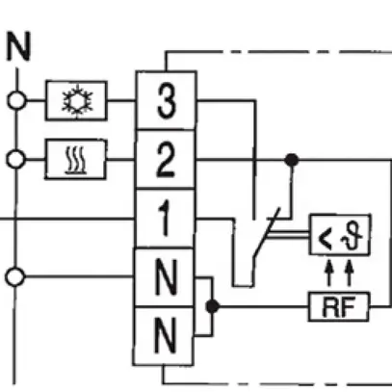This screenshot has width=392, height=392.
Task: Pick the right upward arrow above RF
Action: (x=349, y=272)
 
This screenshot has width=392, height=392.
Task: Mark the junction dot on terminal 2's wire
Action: (x=293, y=158)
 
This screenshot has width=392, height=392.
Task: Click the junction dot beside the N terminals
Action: (x=214, y=307)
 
